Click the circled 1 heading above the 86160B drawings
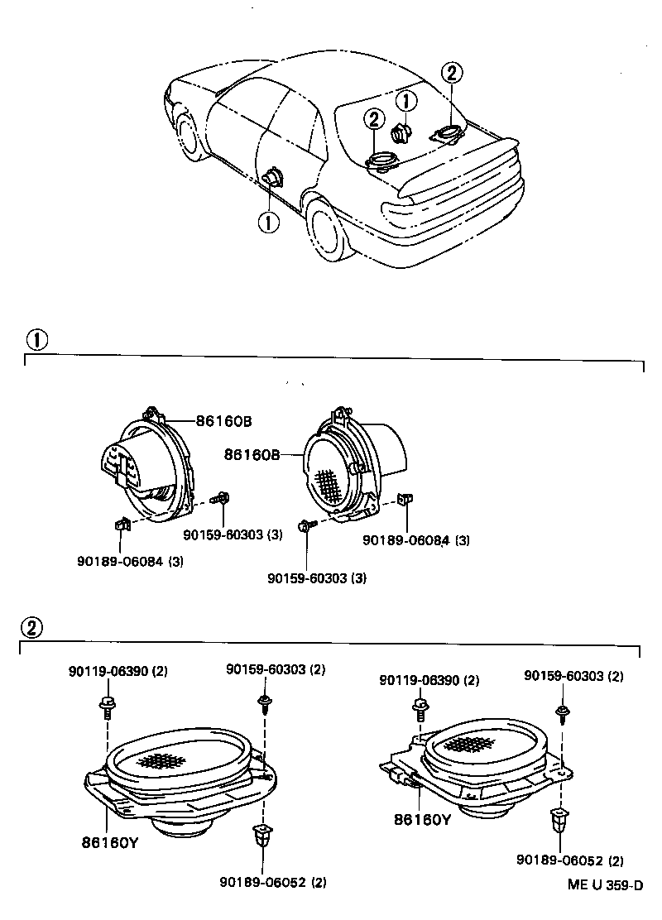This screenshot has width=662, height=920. pyautogui.click(x=37, y=339)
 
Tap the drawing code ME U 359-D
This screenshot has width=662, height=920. pyautogui.click(x=604, y=885)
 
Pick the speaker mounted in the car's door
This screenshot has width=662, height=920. pyautogui.click(x=272, y=180)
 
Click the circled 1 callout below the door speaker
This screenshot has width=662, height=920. pyautogui.click(x=269, y=222)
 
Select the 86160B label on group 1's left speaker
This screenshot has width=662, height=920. pyautogui.click(x=223, y=420)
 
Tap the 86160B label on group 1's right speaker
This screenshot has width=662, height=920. pyautogui.click(x=251, y=454)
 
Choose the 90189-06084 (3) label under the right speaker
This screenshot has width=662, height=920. pyautogui.click(x=416, y=540)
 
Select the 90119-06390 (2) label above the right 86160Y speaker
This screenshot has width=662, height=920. pyautogui.click(x=429, y=680)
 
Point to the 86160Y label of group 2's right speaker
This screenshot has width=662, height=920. pyautogui.click(x=422, y=821)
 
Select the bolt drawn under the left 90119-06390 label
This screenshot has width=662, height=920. pyautogui.click(x=108, y=705)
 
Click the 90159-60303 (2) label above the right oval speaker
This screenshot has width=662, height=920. pyautogui.click(x=573, y=676)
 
